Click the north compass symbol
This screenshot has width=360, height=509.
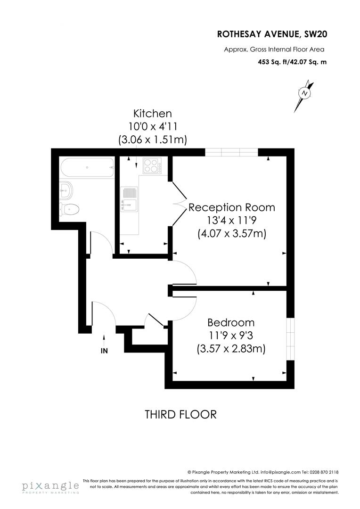(x=305, y=93)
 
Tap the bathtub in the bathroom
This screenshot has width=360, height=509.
(x=87, y=167)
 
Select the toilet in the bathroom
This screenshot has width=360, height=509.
(x=70, y=209)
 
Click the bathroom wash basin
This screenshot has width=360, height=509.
(x=67, y=191)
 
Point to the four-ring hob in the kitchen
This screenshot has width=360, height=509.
(x=152, y=166)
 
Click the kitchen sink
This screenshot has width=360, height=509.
(x=128, y=198)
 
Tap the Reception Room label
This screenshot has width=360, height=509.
(x=231, y=207)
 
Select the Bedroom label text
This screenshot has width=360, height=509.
(x=231, y=323)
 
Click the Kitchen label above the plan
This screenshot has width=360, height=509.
(x=152, y=114)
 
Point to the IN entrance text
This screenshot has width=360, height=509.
(x=104, y=351)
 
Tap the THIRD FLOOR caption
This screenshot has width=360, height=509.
(x=180, y=414)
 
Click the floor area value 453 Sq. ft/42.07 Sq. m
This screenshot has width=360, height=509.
(x=292, y=62)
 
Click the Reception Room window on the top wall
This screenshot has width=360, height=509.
(x=231, y=152)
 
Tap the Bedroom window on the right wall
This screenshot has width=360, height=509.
(x=291, y=332)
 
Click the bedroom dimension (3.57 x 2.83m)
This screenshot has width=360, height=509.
(x=231, y=349)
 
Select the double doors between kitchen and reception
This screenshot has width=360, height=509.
(x=176, y=204)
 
